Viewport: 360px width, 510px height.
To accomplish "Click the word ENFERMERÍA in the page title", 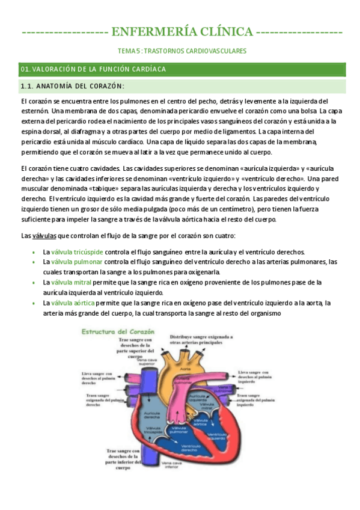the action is pyautogui.click(x=147, y=31).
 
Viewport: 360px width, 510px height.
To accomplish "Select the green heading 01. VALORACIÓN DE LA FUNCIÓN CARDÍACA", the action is pyautogui.click(x=93, y=69).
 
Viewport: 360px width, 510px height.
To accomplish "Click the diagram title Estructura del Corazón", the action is pyautogui.click(x=118, y=331).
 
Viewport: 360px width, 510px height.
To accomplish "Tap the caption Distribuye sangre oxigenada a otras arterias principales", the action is pyautogui.click(x=201, y=340).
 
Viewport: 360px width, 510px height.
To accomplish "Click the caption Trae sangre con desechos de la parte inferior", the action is pyautogui.click(x=123, y=458).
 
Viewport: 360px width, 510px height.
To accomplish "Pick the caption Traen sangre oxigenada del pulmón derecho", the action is pyautogui.click(x=99, y=400).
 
